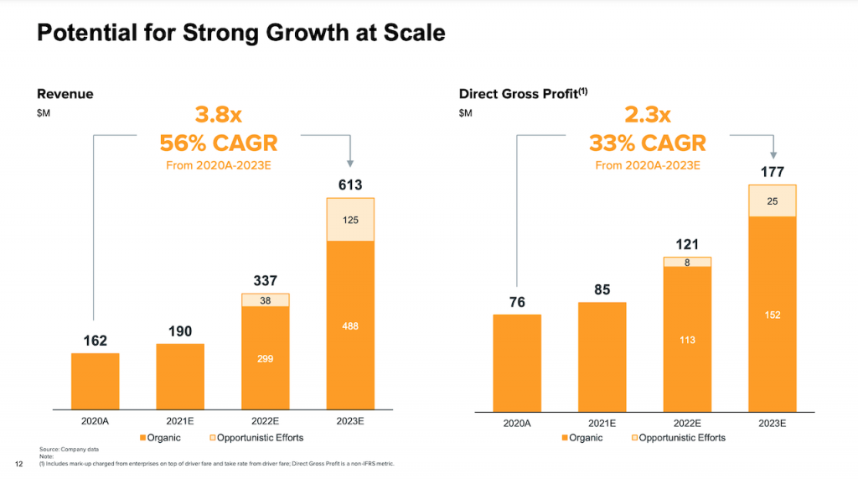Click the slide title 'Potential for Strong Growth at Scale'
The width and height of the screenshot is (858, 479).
pyautogui.click(x=241, y=33)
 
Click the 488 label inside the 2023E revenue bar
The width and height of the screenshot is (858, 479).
pyautogui.click(x=350, y=325)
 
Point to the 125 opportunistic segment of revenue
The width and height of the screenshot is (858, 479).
pyautogui.click(x=350, y=220)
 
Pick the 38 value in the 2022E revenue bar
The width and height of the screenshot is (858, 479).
pyautogui.click(x=265, y=299)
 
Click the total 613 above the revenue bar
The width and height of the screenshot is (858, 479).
pyautogui.click(x=350, y=185)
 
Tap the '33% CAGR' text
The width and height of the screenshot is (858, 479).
pyautogui.click(x=648, y=143)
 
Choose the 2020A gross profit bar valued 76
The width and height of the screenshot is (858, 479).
pyautogui.click(x=517, y=362)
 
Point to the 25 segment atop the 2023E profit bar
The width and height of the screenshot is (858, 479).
pyautogui.click(x=773, y=200)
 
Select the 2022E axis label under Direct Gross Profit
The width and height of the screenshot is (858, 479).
pyautogui.click(x=687, y=424)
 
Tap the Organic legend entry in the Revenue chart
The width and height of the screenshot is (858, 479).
pyautogui.click(x=159, y=438)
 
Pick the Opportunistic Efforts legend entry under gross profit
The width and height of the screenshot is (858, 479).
pyautogui.click(x=680, y=438)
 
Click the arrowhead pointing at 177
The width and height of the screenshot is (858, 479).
pyautogui.click(x=773, y=155)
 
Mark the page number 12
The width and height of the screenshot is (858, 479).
pyautogui.click(x=18, y=463)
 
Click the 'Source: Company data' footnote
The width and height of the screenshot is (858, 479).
pyautogui.click(x=64, y=450)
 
